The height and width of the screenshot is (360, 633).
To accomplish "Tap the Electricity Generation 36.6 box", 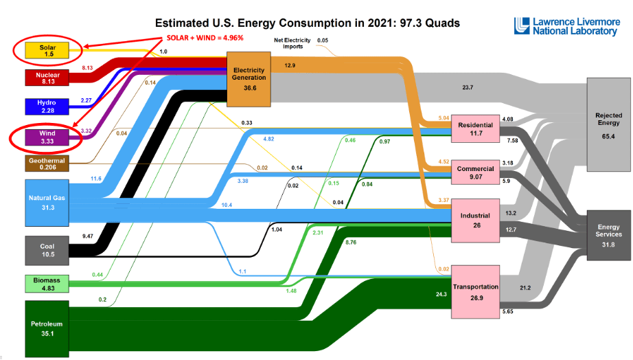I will pos(249,78).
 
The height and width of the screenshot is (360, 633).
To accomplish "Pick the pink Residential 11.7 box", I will pos(475,128).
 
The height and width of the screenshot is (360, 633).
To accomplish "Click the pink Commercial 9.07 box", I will pos(475,172).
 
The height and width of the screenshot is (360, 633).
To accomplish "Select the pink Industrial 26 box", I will pos(475,221).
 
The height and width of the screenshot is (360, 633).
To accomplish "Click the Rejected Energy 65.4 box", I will pos(608,124).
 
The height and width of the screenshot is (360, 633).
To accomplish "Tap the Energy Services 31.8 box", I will pos(608,236).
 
